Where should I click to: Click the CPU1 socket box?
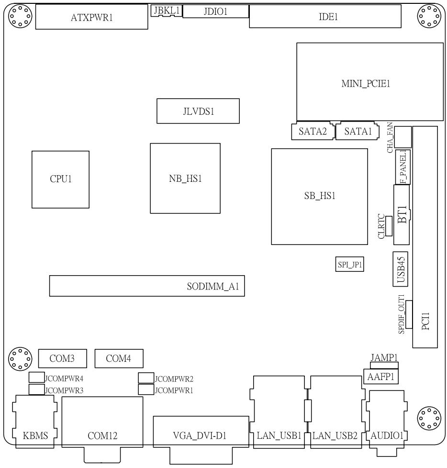pyautogui.click(x=60, y=179)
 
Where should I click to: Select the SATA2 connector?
pyautogui.click(x=313, y=131)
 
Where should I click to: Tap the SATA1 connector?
pyautogui.click(x=358, y=131)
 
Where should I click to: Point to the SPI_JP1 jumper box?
pyautogui.click(x=350, y=264)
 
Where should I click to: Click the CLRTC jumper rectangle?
pyautogui.click(x=389, y=226)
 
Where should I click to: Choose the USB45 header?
pyautogui.click(x=401, y=269)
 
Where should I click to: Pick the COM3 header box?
pyautogui.click(x=62, y=358)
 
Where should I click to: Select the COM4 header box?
pyautogui.click(x=119, y=358)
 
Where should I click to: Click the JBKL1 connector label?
pyautogui.click(x=167, y=11)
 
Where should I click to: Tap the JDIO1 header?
pyautogui.click(x=215, y=11)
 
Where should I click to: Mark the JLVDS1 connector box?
pyautogui.click(x=198, y=111)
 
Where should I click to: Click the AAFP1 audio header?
pyautogui.click(x=380, y=377)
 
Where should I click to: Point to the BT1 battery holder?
pyautogui.click(x=402, y=214)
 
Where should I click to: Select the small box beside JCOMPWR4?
pyautogui.click(x=36, y=377)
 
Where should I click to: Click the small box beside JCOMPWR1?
pyautogui.click(x=146, y=389)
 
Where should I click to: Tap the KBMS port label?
pyautogui.click(x=35, y=436)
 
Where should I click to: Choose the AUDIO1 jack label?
pyautogui.click(x=387, y=436)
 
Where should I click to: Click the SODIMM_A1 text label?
pyautogui.click(x=213, y=287)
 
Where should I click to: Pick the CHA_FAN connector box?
pyautogui.click(x=403, y=137)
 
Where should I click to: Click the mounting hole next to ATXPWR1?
pyautogui.click(x=20, y=16)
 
